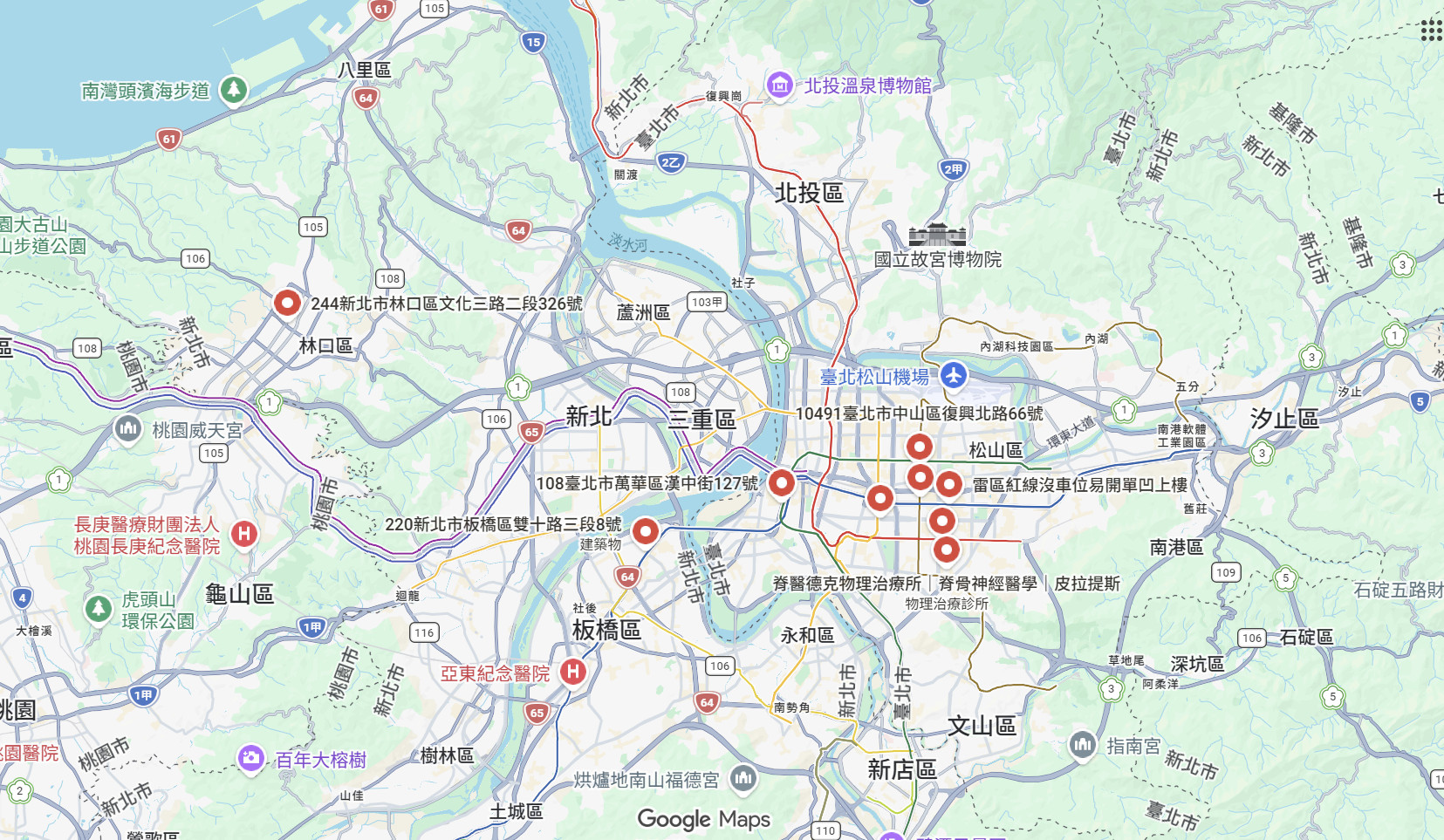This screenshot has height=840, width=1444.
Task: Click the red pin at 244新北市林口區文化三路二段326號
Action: tap(287, 303)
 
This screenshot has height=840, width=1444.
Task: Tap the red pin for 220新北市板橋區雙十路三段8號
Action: tap(645, 529)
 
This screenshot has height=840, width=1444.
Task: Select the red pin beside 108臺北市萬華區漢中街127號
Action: tap(781, 481)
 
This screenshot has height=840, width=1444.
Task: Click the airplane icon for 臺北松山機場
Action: tap(953, 376)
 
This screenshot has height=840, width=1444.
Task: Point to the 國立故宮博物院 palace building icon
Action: tap(937, 236)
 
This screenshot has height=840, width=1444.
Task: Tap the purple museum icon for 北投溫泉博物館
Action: tap(778, 85)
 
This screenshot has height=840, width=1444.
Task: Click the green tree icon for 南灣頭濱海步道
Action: tap(233, 89)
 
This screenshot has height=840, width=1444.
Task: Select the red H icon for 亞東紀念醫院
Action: tap(572, 672)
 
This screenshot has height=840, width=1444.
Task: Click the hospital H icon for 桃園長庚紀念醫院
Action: tap(244, 534)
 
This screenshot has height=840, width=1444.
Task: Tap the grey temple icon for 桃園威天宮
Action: tap(128, 428)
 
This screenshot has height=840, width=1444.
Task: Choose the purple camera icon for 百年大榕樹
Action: tap(251, 758)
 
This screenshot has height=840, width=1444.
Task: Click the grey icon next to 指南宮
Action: tap(1083, 745)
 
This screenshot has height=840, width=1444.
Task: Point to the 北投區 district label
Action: tap(809, 193)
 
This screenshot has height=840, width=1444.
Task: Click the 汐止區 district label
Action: tap(1283, 419)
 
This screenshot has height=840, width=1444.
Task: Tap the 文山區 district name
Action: tap(982, 726)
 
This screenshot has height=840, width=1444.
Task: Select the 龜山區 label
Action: tap(239, 594)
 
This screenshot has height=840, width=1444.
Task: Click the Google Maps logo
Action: tap(703, 819)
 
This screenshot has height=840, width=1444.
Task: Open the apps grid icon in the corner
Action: tap(1430, 31)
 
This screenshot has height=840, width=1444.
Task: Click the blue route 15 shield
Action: tap(533, 41)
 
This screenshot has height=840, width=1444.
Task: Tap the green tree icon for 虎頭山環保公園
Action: tap(99, 608)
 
